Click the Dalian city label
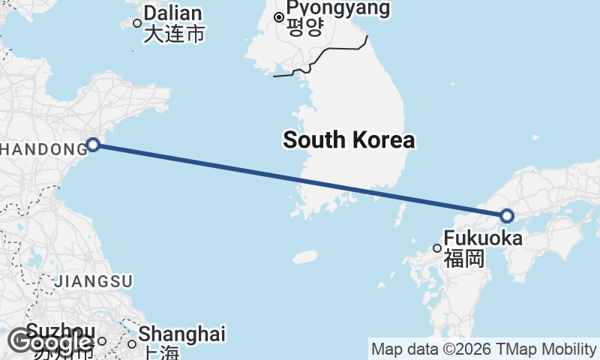point(172,13)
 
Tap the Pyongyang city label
point(337,9)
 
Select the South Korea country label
point(349,139)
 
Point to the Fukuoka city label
point(483,238)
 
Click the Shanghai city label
point(182,334)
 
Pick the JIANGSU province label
point(93,281)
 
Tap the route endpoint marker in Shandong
point(93,144)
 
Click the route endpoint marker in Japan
point(507,216)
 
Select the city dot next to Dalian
point(137,22)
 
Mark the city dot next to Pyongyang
point(278,16)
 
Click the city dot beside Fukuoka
point(438,248)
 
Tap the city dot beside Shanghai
point(132,344)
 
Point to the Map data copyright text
point(484,349)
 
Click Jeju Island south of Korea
point(304,257)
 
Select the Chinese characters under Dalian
point(174,34)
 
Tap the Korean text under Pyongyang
point(304,28)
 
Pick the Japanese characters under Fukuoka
point(463,259)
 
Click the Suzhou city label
point(60,331)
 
